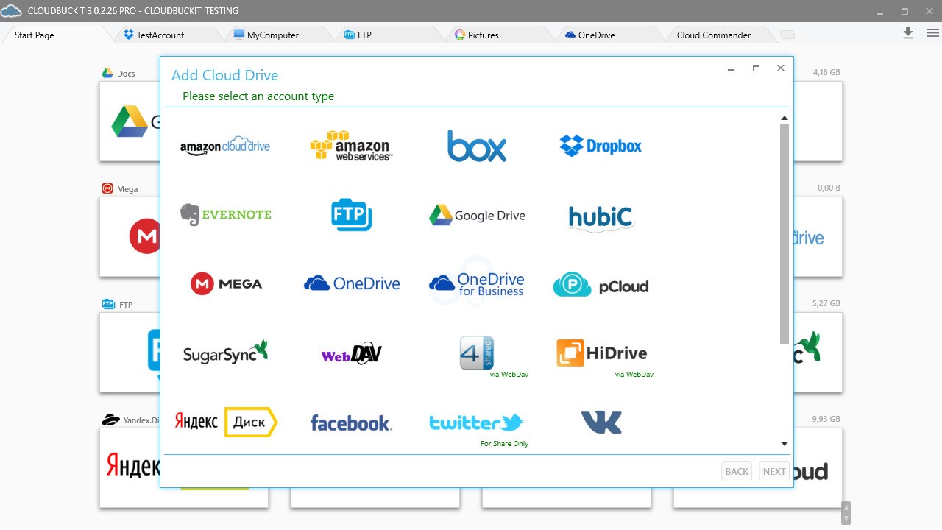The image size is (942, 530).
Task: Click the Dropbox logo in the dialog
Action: click(x=601, y=146)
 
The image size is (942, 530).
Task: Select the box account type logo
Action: click(x=477, y=146)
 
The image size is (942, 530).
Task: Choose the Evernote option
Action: click(x=226, y=214)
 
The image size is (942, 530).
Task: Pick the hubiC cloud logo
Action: click(x=601, y=216)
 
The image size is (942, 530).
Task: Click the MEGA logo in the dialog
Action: click(x=226, y=283)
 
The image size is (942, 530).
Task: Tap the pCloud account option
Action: click(x=601, y=286)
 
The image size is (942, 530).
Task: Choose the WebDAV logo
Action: click(x=351, y=354)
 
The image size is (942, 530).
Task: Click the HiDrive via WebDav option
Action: click(x=602, y=354)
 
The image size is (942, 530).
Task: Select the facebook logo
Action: click(x=351, y=423)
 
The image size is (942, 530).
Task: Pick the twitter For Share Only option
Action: click(x=477, y=423)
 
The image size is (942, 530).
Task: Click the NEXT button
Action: click(x=773, y=472)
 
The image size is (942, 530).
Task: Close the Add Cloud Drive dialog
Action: click(x=781, y=68)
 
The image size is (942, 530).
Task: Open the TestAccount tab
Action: click(x=160, y=35)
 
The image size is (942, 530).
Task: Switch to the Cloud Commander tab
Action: click(x=713, y=35)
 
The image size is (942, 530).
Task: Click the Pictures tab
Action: click(x=483, y=35)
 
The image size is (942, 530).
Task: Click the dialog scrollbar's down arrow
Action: click(x=785, y=444)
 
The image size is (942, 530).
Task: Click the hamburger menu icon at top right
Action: click(x=933, y=33)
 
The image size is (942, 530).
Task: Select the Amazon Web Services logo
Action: click(x=351, y=146)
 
